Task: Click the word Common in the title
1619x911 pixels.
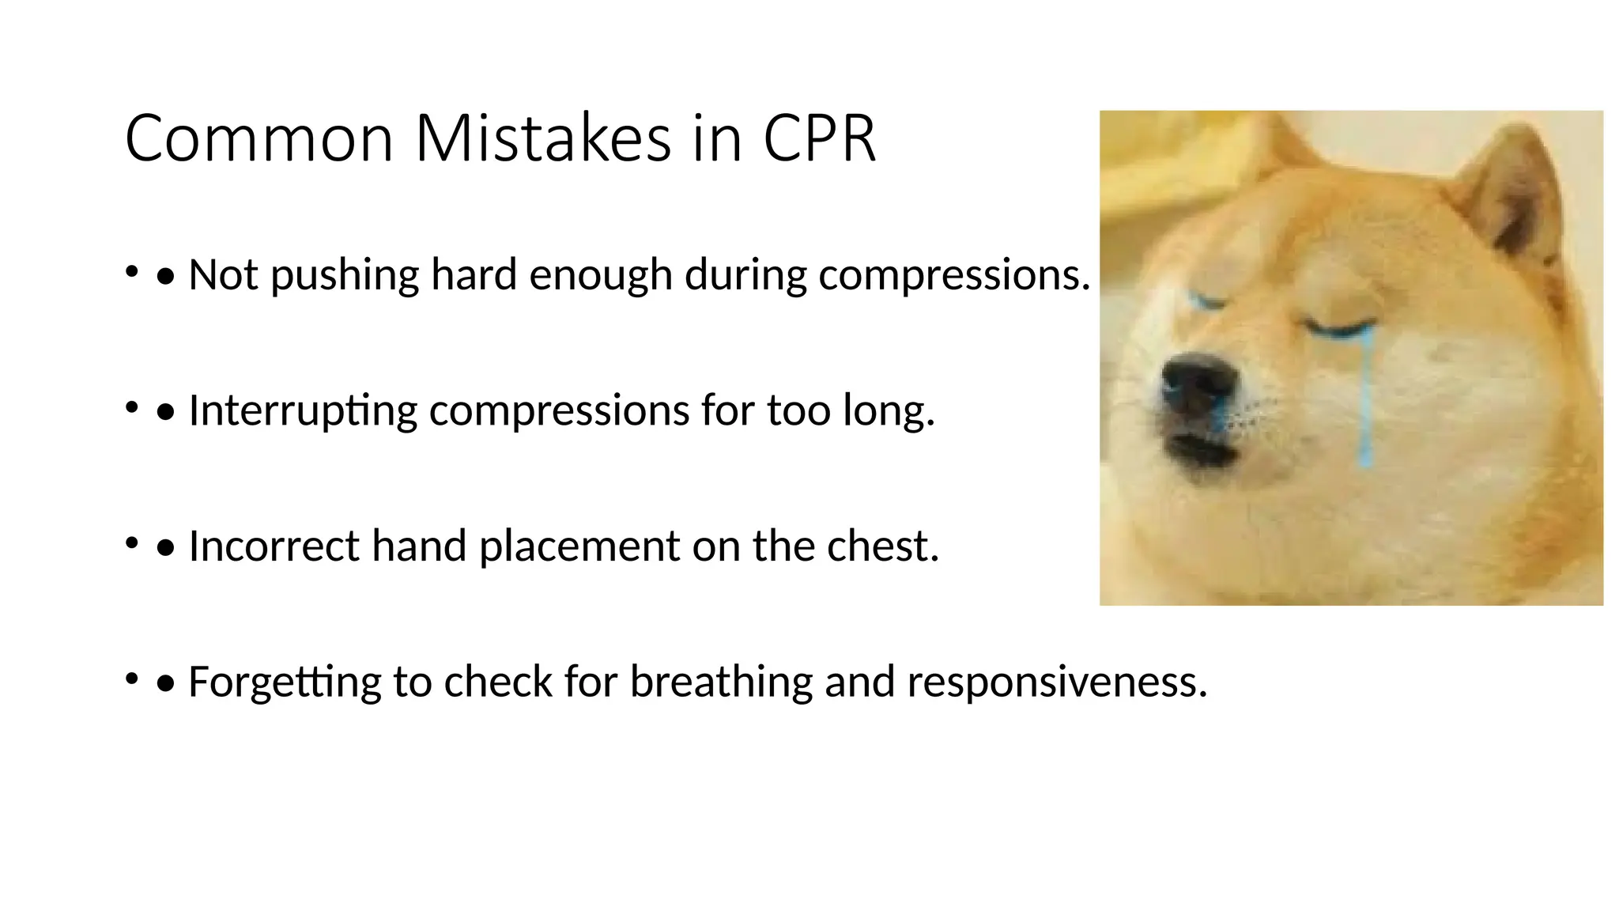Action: tap(259, 139)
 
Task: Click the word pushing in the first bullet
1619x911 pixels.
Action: tap(344, 276)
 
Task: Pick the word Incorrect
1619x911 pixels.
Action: tap(274, 546)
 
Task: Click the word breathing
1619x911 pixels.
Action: tap(720, 682)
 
